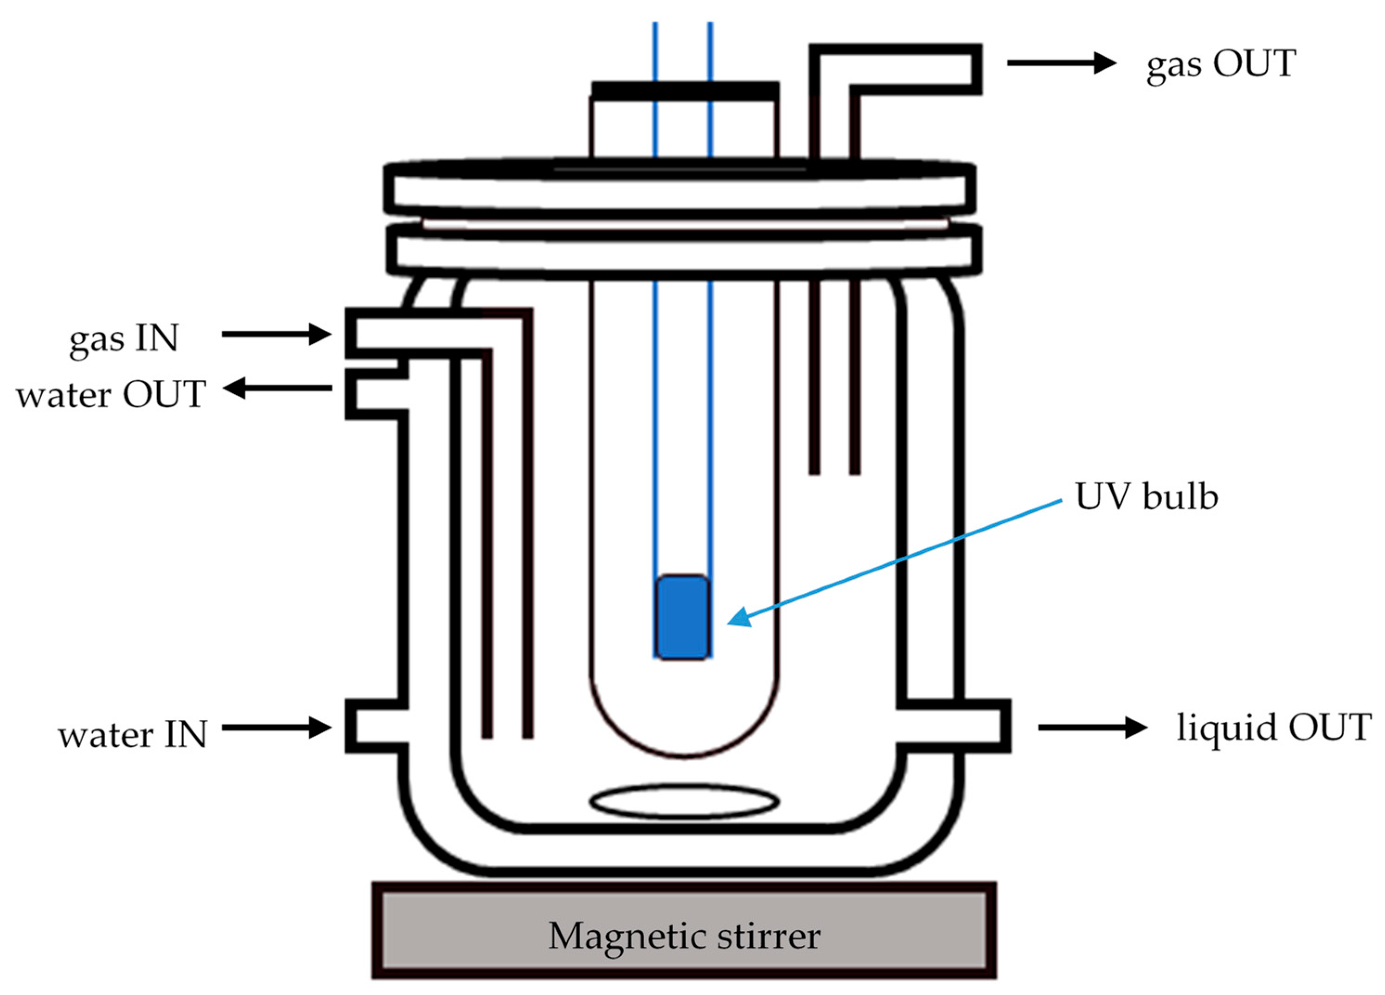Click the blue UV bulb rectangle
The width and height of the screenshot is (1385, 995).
click(683, 617)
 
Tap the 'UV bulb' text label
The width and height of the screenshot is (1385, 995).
click(1146, 497)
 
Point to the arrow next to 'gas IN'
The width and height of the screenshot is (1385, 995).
click(276, 334)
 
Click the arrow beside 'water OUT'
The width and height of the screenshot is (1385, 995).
click(277, 388)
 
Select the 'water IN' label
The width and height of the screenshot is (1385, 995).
click(133, 735)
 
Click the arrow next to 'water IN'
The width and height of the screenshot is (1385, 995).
click(276, 727)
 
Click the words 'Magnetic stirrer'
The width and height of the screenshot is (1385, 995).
click(684, 936)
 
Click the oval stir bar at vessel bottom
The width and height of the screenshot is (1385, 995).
click(684, 802)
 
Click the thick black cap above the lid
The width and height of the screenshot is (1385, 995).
click(685, 90)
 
